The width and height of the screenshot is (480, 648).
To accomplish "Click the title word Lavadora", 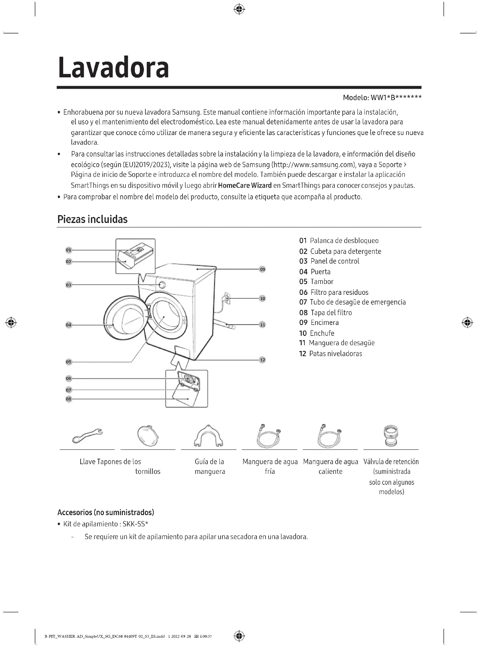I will pos(113,67).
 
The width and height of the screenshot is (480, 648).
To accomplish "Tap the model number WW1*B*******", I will pos(396,98).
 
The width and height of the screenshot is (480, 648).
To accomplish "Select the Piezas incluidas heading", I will pos(92,219).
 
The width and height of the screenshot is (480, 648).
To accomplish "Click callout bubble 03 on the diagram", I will pos(69,285).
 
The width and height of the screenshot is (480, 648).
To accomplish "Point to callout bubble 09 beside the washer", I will pos(262,269).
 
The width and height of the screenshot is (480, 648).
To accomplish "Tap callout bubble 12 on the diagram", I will pos(262,360).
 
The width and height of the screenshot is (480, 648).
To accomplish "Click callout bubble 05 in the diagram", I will pos(69,362).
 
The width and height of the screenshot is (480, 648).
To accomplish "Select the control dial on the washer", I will pos(162,285).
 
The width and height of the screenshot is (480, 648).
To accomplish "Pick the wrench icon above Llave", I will pos(87,436).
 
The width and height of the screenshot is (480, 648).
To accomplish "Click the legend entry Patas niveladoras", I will pos(335,353).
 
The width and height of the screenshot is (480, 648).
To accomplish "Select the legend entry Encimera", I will pos(324,322).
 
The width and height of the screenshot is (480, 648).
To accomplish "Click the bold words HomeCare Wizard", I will pos(245,185).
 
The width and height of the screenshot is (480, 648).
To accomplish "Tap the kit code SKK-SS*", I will pos(135,524).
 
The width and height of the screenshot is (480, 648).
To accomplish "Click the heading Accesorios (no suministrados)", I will pos(106,512).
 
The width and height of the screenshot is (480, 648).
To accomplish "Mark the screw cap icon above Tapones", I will pos(148,436).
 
